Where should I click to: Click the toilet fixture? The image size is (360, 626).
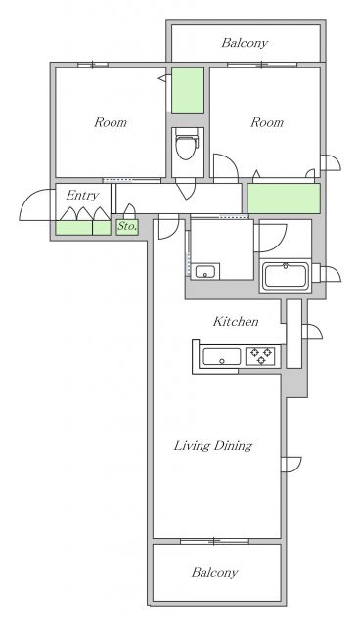coord(187,145)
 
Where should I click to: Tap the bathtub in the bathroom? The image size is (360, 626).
coord(285,276)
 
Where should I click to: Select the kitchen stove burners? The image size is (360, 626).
coord(260,356)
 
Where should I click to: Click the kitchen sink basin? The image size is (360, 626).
coord(221,356)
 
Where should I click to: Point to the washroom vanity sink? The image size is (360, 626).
coord(205,271)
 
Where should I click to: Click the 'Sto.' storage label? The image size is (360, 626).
coord(127,226)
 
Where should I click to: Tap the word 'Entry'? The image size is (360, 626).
coord(82,196)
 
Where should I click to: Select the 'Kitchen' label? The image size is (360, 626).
coord(236,321)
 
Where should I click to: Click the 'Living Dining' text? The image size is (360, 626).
coord(213,446)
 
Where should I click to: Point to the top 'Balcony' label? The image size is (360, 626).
coord(245,43)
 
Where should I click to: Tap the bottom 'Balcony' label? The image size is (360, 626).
coord(214,572)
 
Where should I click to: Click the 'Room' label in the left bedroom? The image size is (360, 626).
coord(111,122)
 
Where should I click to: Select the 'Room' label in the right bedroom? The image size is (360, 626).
coord(267,122)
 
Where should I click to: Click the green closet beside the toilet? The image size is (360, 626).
coord(188,91)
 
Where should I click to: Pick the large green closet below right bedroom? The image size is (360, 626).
coord(284,199)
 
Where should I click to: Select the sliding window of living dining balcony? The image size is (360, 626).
coord(214,541)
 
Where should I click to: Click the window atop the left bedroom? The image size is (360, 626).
coord(93,65)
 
